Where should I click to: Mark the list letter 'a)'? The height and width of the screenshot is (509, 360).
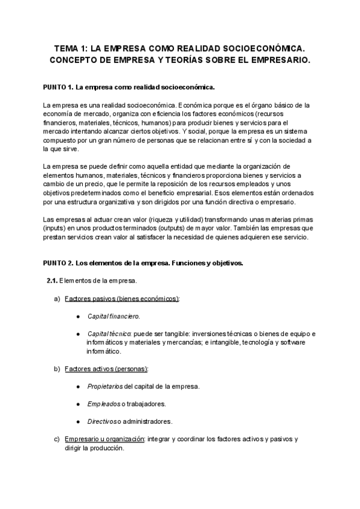(58, 298)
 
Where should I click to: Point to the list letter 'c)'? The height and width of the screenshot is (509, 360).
(58, 439)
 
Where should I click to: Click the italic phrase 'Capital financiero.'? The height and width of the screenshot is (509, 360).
(113, 316)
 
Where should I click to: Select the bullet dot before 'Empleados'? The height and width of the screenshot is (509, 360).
(79, 403)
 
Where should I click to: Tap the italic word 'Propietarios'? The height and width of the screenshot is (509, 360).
(105, 386)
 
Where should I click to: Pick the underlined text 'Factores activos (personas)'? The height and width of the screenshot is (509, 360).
(106, 369)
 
